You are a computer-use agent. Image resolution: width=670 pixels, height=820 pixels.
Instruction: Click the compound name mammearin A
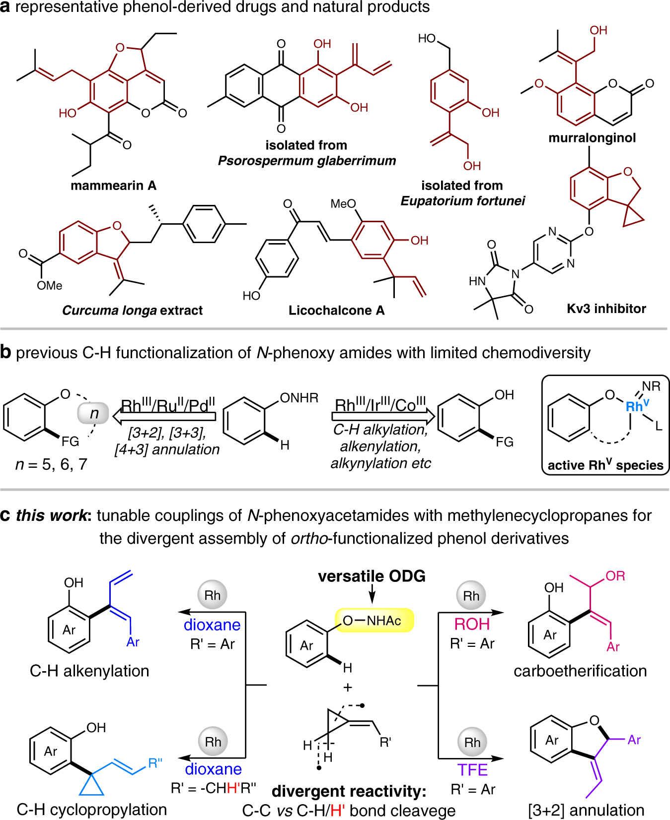pos(113,186)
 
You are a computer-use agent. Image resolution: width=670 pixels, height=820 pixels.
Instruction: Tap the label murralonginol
pos(592,138)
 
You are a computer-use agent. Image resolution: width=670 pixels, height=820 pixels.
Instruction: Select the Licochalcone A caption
pos(337,311)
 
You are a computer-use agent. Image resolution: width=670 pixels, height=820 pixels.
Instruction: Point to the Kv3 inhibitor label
pos(606,309)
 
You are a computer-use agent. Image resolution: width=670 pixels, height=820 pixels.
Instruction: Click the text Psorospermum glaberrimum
pos(307,161)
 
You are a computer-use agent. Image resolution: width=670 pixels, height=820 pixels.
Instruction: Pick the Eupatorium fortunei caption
pos(462,201)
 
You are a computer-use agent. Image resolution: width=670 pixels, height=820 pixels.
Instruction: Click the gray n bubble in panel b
pos(93,413)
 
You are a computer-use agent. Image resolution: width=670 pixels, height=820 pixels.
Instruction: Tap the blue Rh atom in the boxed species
pos(635,407)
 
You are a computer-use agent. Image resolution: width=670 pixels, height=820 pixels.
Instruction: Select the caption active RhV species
pos(605,465)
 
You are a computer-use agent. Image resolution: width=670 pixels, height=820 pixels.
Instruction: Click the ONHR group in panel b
pos(299,398)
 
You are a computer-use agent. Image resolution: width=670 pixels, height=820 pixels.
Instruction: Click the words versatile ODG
pos(372,576)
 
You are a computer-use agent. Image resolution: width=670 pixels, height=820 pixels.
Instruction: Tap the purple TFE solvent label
pos(472,769)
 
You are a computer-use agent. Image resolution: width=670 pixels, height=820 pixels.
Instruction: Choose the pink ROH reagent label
pos(472,624)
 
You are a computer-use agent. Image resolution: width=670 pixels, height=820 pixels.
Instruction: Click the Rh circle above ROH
pos(471,596)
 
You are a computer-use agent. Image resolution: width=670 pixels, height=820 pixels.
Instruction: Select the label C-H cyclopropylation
pos(92,809)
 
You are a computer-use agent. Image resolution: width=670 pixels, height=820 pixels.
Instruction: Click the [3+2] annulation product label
pos(586,810)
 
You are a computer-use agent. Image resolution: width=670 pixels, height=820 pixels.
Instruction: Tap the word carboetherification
pos(580,671)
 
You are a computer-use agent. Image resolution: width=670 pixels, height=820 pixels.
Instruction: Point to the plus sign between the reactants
pos(348,687)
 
